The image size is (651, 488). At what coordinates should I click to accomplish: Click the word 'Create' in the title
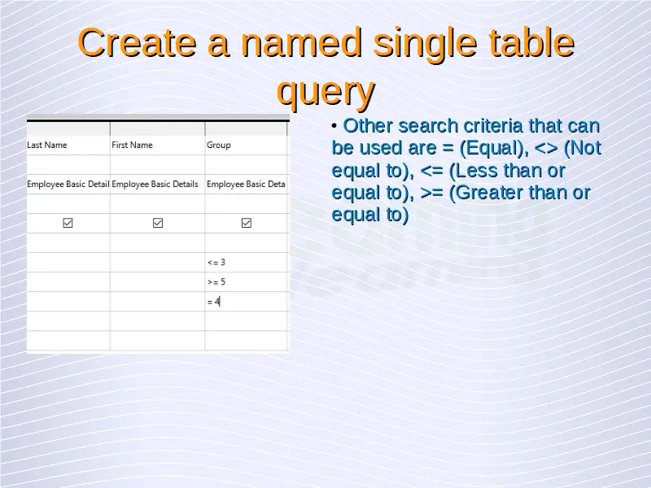tap(137, 43)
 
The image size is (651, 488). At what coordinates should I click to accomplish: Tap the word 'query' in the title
tap(326, 92)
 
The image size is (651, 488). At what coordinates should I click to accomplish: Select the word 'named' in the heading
tap(301, 43)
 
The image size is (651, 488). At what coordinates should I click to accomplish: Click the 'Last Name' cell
tap(68, 146)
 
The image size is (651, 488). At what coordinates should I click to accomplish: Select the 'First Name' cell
tap(157, 146)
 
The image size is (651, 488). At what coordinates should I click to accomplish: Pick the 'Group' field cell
tap(246, 146)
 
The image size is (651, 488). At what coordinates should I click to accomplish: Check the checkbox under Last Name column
tap(68, 223)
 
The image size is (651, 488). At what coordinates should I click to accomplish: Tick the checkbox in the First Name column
tap(158, 223)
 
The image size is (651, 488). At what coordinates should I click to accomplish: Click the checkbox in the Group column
tap(247, 223)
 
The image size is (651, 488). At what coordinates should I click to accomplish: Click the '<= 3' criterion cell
tap(246, 262)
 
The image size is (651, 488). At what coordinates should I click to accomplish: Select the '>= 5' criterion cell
tap(246, 282)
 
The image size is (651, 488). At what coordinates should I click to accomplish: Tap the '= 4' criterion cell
tap(246, 302)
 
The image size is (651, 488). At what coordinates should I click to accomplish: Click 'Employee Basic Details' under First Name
tap(155, 185)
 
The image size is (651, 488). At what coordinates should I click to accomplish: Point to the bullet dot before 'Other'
tap(334, 126)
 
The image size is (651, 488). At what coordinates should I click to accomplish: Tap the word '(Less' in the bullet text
tap(474, 171)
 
